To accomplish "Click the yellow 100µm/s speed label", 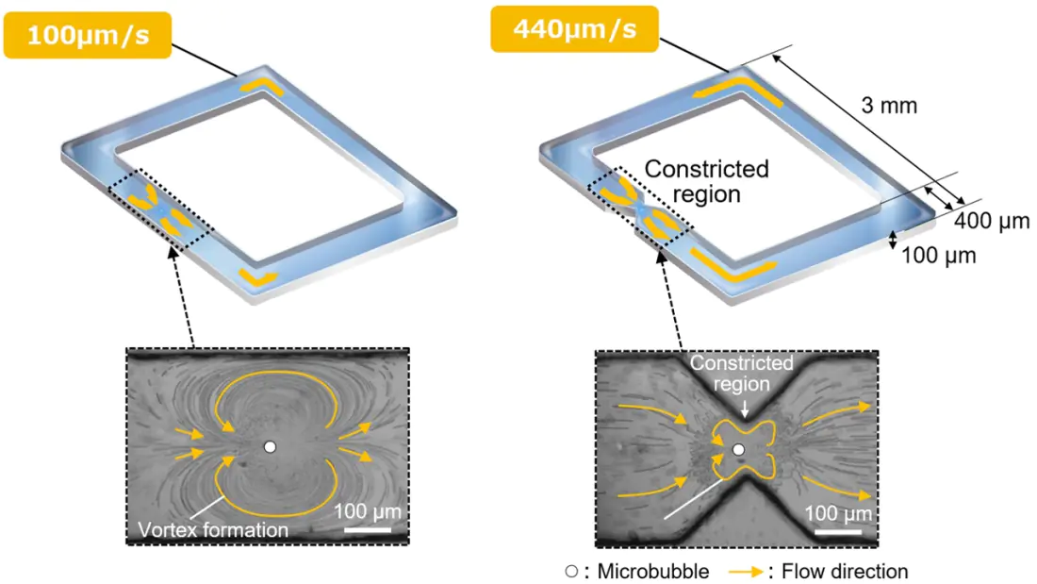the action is pos(88,35).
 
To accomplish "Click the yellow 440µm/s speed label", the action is pos(575,29).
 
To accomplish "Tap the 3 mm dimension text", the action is pos(889,106).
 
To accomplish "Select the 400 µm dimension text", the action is pos(992,221).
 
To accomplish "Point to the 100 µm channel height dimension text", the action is pos(938,255).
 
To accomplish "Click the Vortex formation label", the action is pos(213,529).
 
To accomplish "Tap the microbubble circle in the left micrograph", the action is pos(270,447).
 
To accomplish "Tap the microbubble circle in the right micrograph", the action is pos(739,450).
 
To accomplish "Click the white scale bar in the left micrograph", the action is pos(368,529).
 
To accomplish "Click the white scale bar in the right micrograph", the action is pos(838,532).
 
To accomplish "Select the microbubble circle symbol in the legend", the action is pos(571,571).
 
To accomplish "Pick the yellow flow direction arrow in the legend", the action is pos(747,572).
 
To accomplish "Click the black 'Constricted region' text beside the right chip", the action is pos(706,181).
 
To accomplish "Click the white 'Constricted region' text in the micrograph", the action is pos(741,374).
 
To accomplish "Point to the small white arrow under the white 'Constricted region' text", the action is pos(745,408).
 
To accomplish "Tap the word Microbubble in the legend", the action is pos(652,572).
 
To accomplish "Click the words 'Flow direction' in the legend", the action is pos(845,572).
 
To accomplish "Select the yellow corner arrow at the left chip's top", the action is pos(262,86).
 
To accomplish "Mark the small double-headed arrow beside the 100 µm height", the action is pos(893,240).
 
